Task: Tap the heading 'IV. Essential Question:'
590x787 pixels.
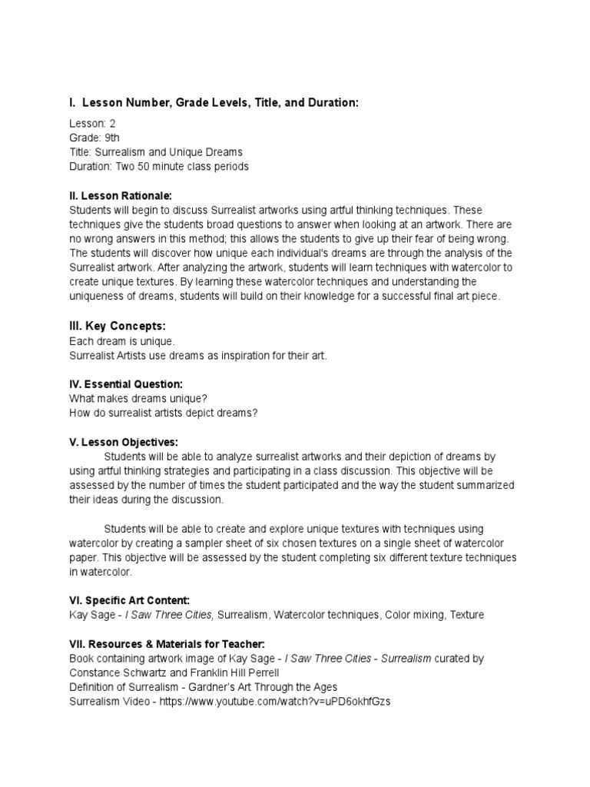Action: tap(126, 384)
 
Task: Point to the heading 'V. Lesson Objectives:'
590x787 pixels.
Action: tap(123, 442)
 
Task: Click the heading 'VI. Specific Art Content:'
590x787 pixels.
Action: tap(129, 600)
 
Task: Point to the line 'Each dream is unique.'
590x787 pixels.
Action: tap(122, 340)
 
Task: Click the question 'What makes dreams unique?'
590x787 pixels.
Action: tap(138, 398)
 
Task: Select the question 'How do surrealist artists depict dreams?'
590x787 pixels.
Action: tap(163, 413)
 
